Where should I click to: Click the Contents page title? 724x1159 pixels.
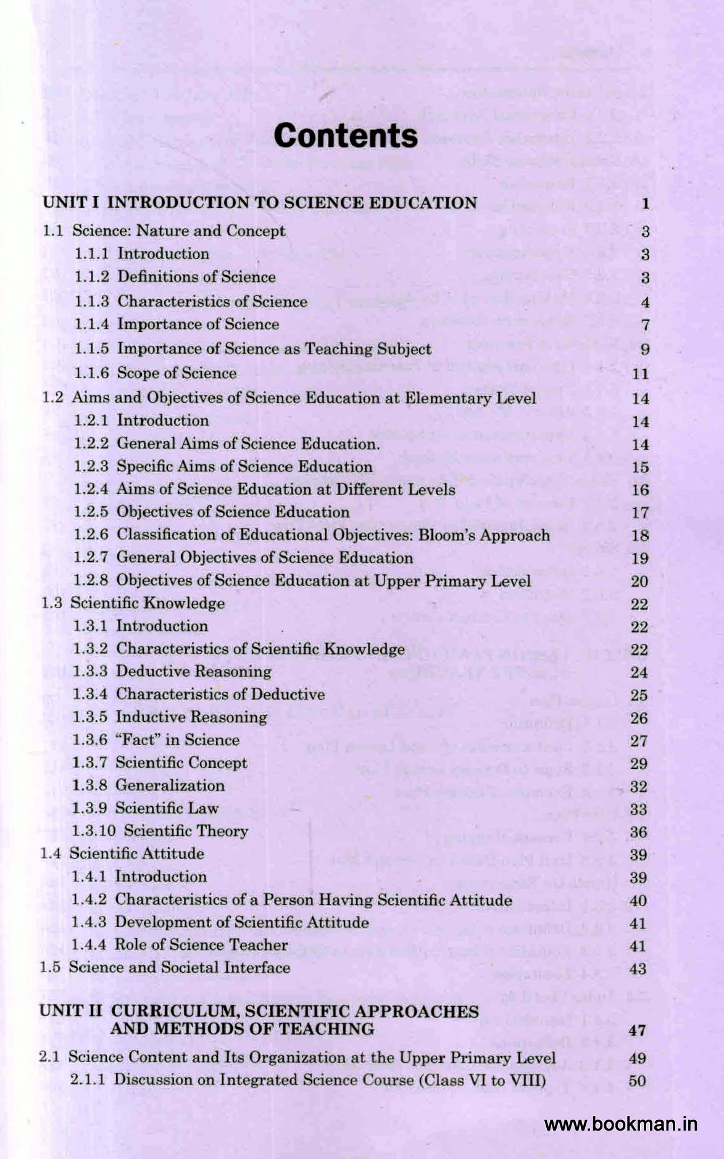[346, 136]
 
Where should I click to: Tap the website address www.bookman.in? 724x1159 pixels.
[621, 1124]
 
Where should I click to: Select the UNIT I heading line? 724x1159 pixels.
[260, 203]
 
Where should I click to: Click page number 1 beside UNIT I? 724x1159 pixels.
[645, 204]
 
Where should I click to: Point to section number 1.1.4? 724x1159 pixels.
[92, 324]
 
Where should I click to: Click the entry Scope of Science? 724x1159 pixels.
[177, 373]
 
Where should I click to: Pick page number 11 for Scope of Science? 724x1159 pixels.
[641, 374]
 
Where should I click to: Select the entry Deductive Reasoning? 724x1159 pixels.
[194, 671]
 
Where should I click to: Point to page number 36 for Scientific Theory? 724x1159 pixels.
[638, 832]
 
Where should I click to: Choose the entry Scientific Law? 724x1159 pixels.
[167, 808]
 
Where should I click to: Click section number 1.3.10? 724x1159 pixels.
[94, 831]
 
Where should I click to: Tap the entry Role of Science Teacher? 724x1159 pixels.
[201, 945]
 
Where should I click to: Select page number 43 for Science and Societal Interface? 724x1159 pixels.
[638, 969]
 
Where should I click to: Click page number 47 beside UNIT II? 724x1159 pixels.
[638, 1030]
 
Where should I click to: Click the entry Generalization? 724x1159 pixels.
[170, 785]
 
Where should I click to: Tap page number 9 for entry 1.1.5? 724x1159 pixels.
[645, 350]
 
